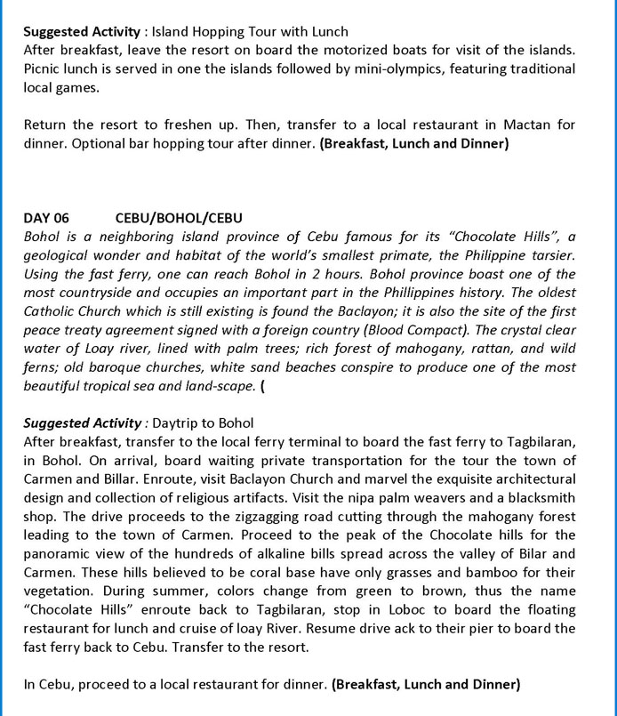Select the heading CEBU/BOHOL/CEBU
[x=180, y=218]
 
